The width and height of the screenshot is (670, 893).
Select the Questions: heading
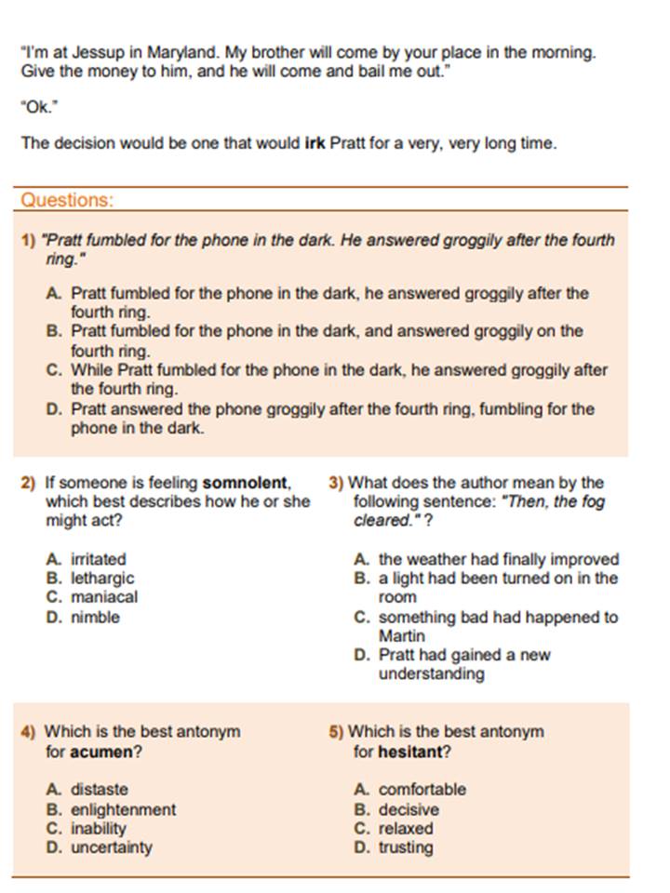67,200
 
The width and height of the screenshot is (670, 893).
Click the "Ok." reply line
39,107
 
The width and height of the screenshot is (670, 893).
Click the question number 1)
28,240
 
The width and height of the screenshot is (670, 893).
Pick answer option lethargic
102,578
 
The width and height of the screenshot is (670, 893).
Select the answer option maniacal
104,597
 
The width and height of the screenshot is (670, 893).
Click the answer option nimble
96,617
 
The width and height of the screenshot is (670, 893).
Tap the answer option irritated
99,559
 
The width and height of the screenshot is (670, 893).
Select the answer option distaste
100,790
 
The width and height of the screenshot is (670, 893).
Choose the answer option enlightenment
123,809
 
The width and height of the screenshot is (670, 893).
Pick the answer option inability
99,828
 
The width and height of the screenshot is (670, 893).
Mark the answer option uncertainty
112,847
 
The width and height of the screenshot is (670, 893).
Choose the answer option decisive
408,809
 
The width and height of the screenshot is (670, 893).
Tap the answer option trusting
406,847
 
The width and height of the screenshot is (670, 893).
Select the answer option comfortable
422,790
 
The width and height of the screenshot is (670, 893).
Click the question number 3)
336,483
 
